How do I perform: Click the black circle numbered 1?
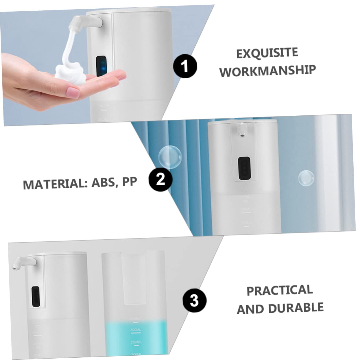[x=185, y=66]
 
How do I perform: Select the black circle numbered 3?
[x=194, y=300]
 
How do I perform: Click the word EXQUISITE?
[x=267, y=53]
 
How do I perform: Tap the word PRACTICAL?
[x=279, y=290]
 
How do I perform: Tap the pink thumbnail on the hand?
[x=73, y=93]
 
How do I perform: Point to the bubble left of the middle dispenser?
[x=170, y=157]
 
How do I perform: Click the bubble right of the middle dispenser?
[x=306, y=178]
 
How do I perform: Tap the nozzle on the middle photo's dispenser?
[x=241, y=130]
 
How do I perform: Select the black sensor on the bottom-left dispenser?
[x=36, y=296]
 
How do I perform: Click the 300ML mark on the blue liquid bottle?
[x=136, y=330]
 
